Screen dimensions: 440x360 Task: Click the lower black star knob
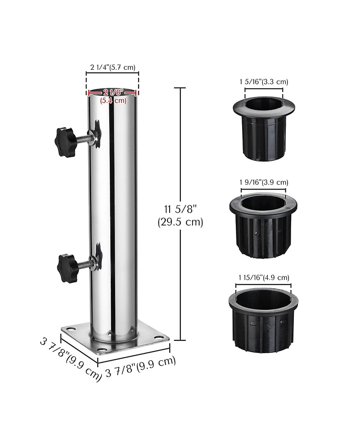68,268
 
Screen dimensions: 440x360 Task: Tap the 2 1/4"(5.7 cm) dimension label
112,68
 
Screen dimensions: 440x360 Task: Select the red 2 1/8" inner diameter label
112,92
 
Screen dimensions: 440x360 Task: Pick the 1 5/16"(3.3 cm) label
264,82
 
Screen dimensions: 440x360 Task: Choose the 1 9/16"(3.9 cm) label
264,182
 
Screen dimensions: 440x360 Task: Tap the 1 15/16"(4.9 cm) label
264,277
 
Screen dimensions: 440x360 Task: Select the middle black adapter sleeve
264,225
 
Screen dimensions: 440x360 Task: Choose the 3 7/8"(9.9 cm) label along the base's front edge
140,367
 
